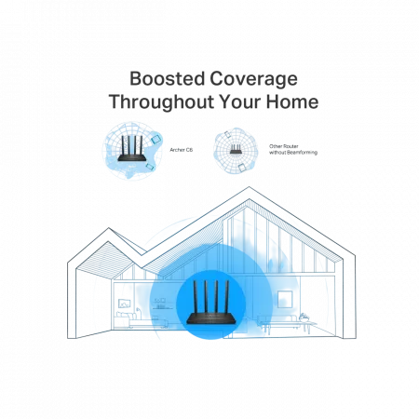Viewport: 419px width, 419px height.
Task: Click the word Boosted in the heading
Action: click(x=167, y=78)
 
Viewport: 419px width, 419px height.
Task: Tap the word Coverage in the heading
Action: click(x=253, y=80)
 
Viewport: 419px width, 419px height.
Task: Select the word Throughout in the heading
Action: click(x=161, y=102)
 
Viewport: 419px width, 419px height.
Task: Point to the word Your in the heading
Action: click(x=240, y=101)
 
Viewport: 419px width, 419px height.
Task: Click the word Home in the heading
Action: click(x=292, y=101)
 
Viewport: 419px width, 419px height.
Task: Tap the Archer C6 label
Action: click(x=182, y=150)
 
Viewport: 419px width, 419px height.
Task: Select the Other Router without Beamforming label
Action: click(x=293, y=149)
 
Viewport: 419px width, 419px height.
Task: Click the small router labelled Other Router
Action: click(x=236, y=149)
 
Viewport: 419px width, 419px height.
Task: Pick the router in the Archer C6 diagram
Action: click(x=132, y=148)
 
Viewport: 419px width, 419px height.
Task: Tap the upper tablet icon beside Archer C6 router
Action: click(x=156, y=139)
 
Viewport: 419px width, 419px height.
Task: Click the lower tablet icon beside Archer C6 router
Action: click(x=150, y=167)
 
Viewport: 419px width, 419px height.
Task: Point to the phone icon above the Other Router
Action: click(x=227, y=135)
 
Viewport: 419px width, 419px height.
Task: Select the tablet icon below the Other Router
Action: click(x=242, y=168)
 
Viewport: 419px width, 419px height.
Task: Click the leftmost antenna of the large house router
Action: click(x=196, y=298)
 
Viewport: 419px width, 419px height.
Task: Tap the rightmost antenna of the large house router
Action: click(x=226, y=298)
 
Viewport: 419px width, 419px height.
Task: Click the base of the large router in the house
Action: click(x=210, y=319)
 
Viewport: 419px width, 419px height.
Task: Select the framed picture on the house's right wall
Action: click(x=285, y=299)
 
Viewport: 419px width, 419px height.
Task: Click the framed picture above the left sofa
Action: click(x=125, y=304)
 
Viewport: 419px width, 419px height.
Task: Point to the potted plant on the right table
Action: click(x=304, y=317)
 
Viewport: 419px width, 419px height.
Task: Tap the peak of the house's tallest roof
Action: click(x=249, y=187)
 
